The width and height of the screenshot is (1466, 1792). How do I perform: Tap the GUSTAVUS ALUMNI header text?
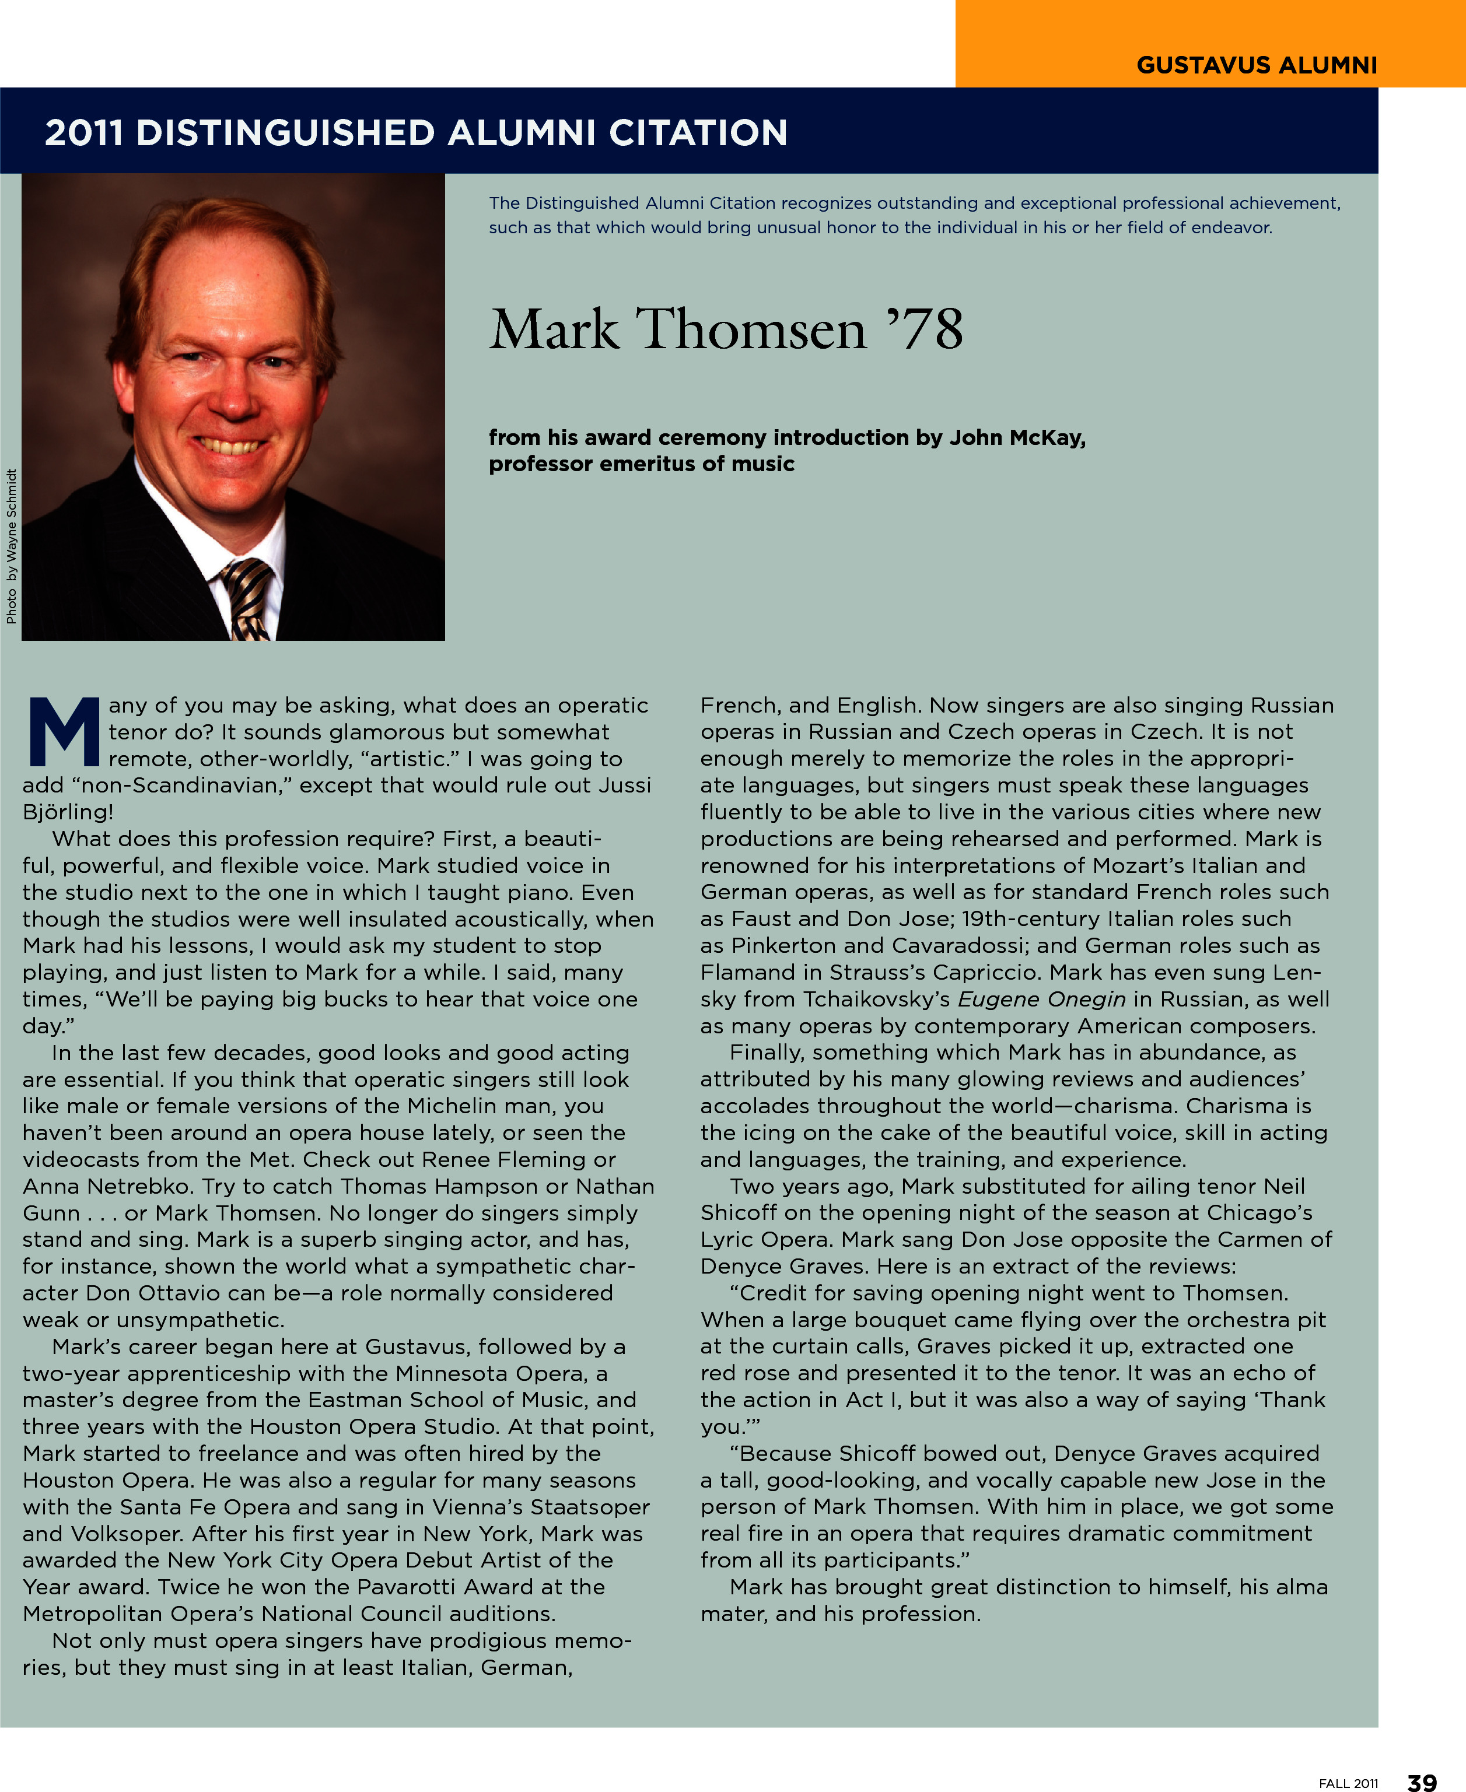pos(1257,65)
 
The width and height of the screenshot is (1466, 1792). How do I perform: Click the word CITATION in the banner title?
pos(698,134)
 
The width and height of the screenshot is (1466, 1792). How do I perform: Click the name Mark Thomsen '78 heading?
pos(726,329)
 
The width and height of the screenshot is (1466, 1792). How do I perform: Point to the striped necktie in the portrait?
pos(247,598)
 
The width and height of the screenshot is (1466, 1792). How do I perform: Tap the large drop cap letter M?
pos(64,731)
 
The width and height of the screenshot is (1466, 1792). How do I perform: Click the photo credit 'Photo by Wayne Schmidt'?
pos(11,547)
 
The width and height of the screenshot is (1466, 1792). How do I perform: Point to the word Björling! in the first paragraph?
pos(68,812)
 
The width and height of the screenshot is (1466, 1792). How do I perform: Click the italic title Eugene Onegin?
pos(1041,1000)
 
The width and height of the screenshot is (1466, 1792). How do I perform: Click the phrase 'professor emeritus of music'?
pos(641,464)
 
